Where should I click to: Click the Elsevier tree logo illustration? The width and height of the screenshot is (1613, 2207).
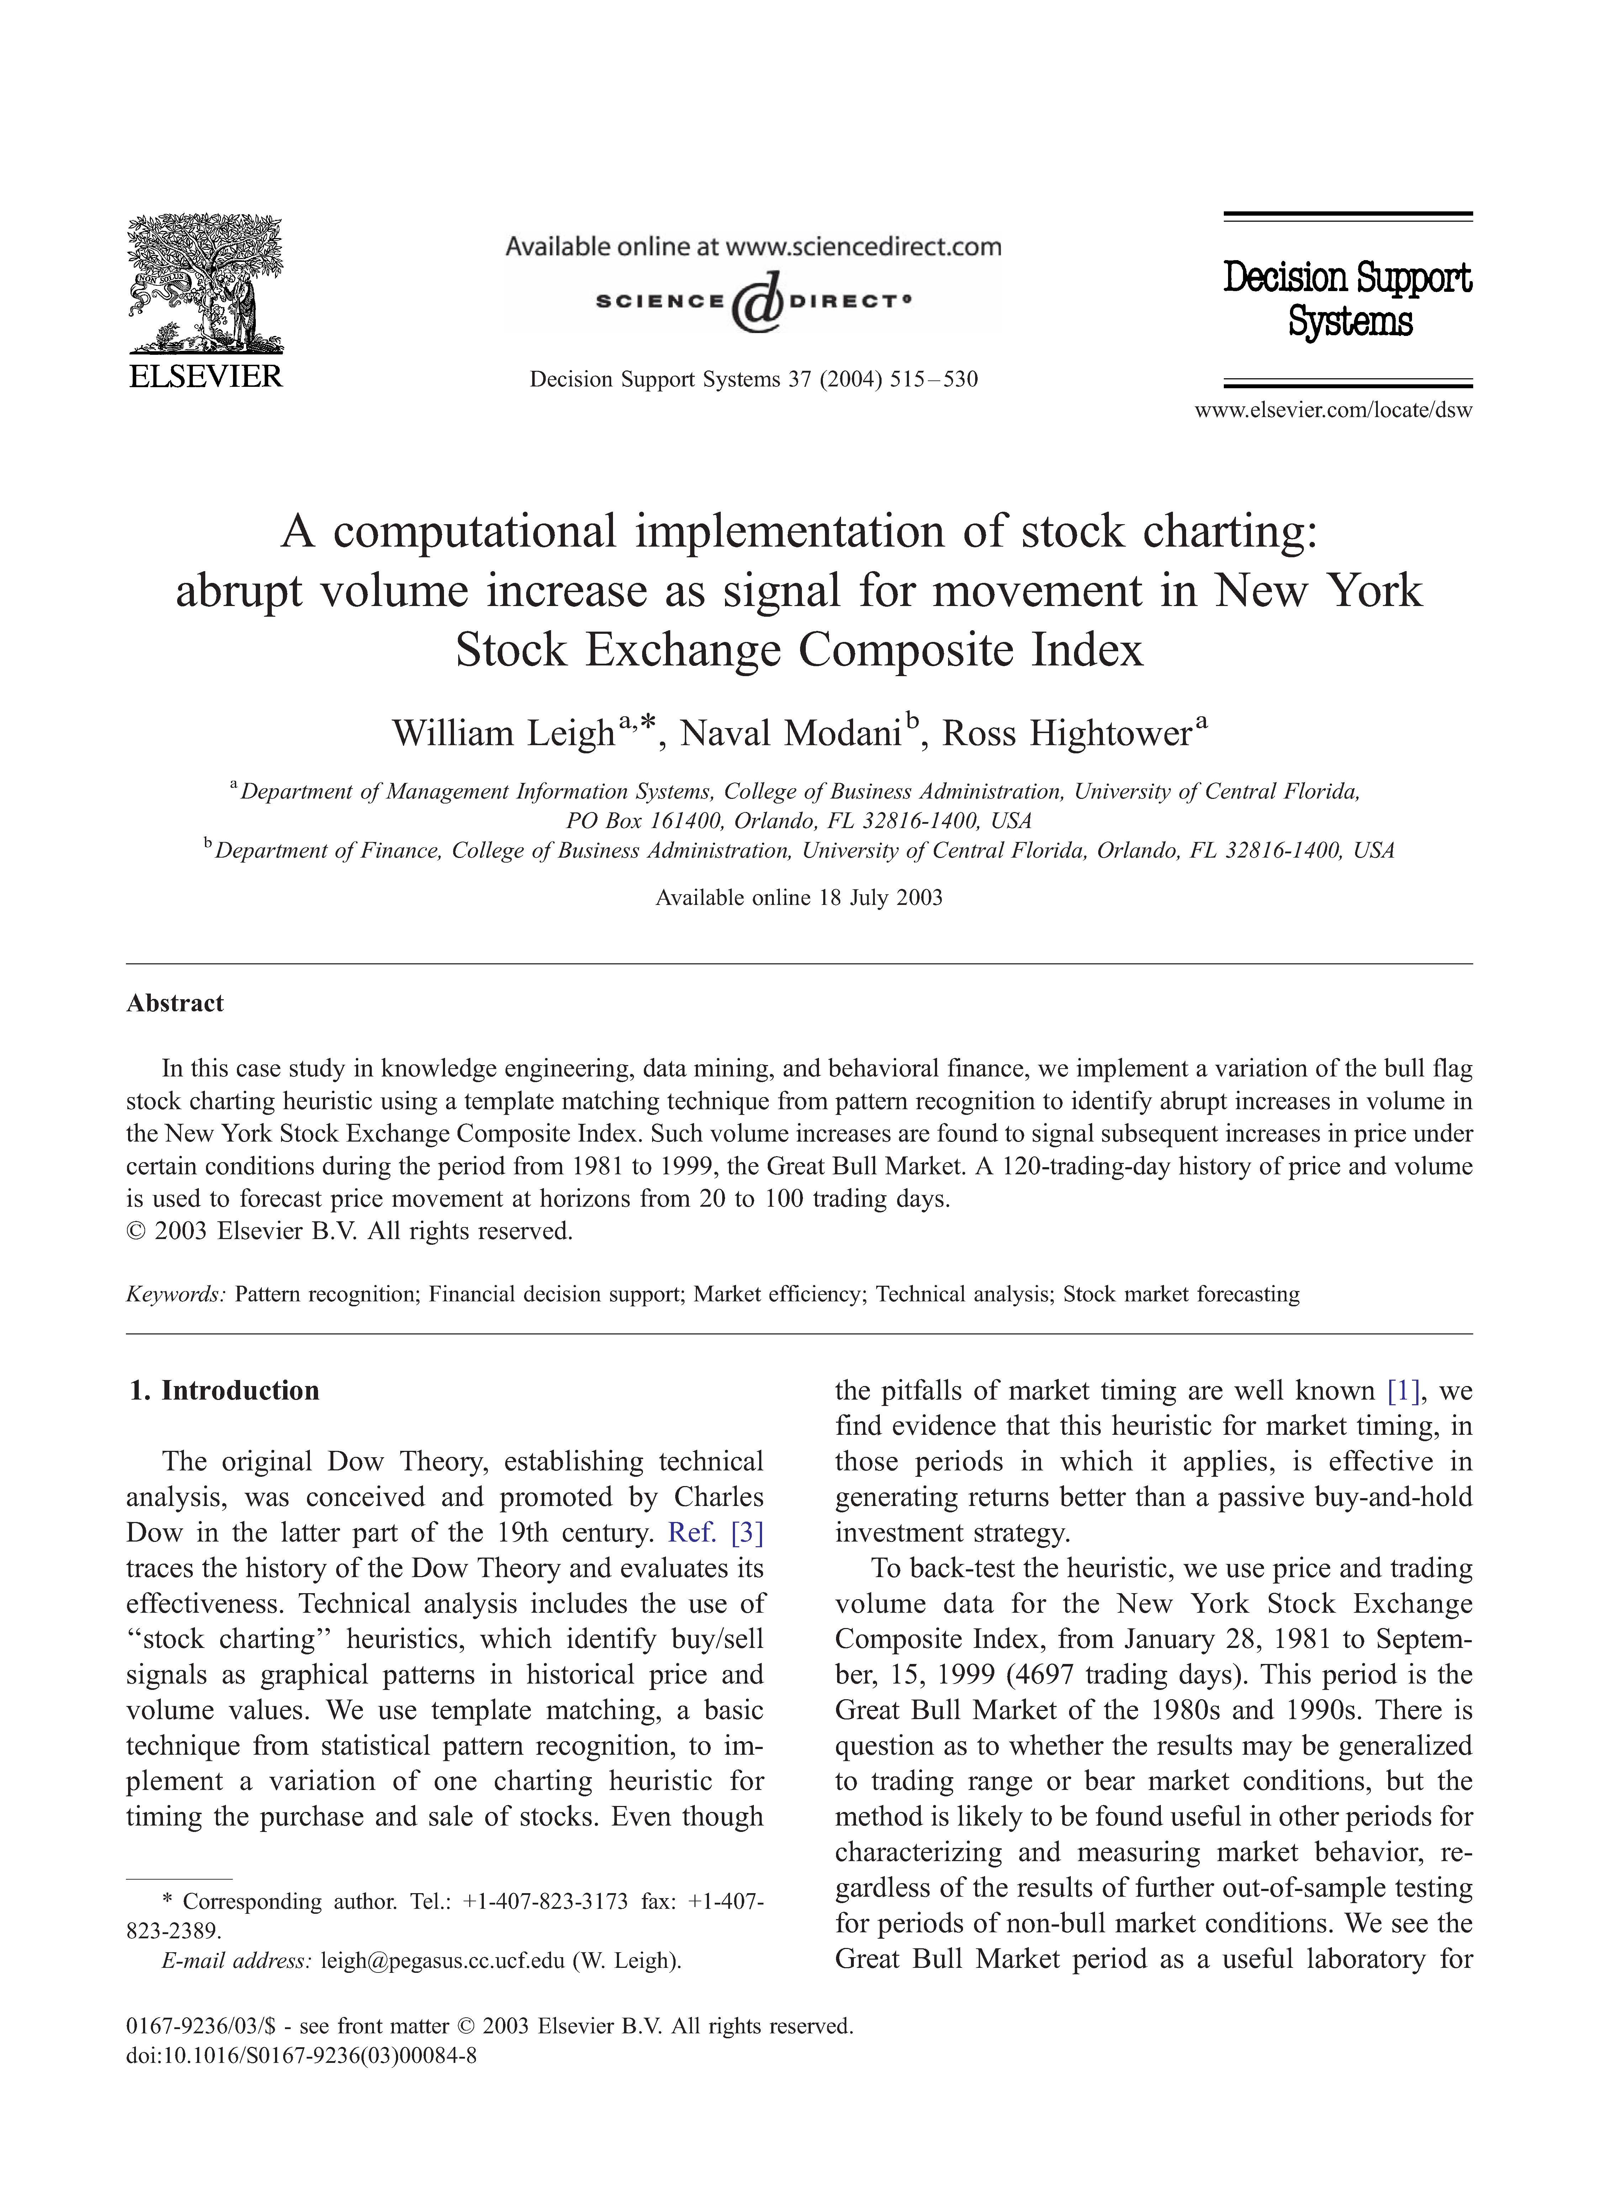[x=205, y=283]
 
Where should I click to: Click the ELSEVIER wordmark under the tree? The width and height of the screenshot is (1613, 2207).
[x=205, y=377]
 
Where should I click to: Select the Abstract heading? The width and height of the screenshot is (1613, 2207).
[x=175, y=1003]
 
